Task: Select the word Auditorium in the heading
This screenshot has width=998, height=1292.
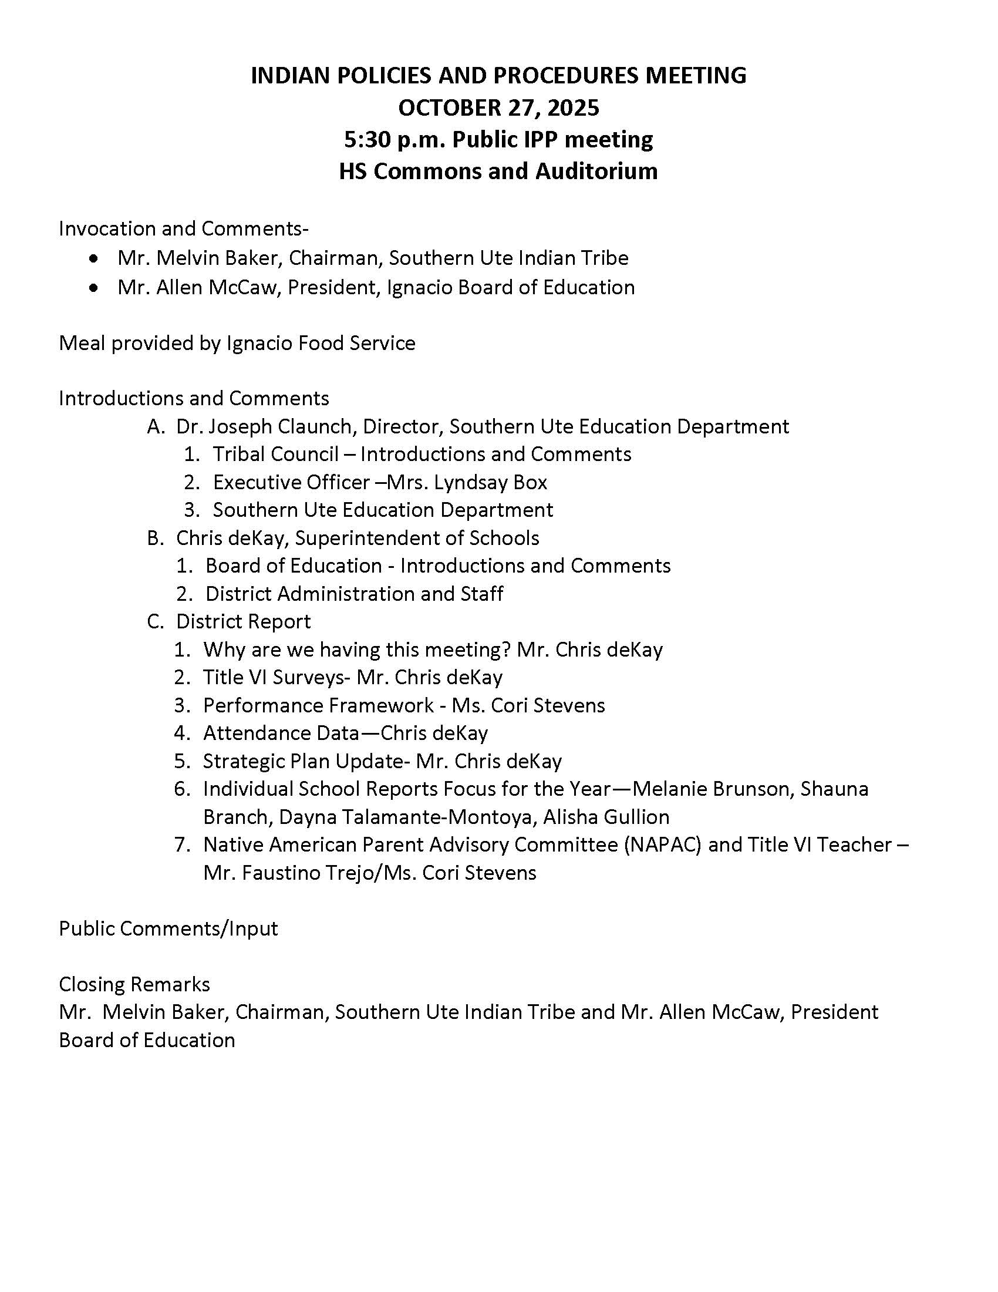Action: coord(596,171)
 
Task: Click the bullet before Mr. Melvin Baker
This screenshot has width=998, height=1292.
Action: coord(93,258)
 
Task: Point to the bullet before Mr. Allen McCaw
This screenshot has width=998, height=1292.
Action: coord(93,288)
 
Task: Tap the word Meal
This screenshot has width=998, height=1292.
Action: coord(81,343)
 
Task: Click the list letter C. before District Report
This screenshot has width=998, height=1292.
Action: coord(155,622)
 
